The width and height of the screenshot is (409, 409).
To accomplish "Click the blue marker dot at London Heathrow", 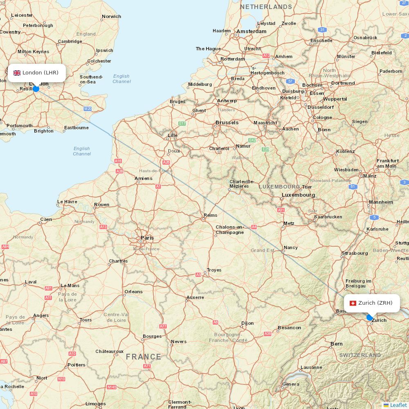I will coord(36,89).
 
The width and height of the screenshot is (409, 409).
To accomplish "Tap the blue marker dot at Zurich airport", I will coord(370,317).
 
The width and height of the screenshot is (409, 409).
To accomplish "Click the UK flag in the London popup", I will coord(17,73).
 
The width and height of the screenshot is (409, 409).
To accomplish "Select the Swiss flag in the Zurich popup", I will coord(353,303).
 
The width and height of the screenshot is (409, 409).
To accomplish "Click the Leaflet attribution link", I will coord(398,405).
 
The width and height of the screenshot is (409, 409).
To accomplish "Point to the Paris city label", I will coord(147,238).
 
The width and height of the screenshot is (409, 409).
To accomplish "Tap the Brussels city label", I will coord(227,123).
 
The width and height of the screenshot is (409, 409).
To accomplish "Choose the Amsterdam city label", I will coord(251,31).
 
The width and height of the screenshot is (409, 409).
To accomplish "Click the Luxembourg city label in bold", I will coord(298,195).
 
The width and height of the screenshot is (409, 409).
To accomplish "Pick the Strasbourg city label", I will coord(355,253).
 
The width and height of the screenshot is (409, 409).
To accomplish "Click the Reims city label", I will coord(210,215).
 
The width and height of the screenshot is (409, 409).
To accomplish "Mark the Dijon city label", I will coord(247,323).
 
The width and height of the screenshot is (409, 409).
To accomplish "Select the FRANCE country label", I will coord(143,357).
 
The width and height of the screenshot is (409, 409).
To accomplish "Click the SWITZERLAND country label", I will coord(360,355).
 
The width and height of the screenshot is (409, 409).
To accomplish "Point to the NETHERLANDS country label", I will coord(266,7).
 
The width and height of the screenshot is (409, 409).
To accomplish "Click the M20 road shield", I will coord(88,109).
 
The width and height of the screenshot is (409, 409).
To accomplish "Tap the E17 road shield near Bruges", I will coord(182,124).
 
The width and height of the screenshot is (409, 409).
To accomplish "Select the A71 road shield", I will coord(147,366).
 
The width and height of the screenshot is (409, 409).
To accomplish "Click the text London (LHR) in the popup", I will coord(40,73).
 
